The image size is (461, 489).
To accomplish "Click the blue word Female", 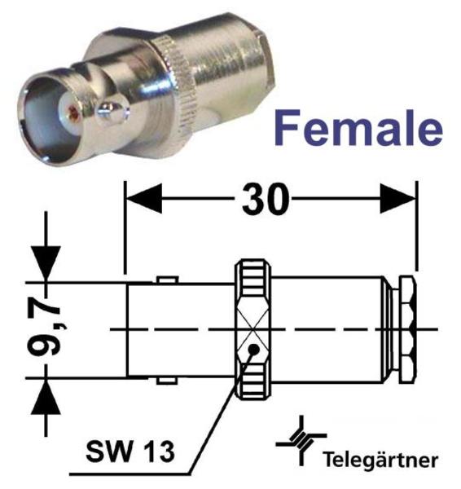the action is (358, 128).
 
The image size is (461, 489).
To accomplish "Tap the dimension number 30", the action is (266, 199).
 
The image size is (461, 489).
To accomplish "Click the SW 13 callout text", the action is (130, 452).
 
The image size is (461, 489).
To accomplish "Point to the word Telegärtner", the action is (380, 460).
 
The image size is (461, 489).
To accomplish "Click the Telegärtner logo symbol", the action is (301, 441).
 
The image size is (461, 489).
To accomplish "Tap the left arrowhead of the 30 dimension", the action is (143, 198).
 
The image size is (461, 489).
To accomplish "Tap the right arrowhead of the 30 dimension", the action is (398, 198).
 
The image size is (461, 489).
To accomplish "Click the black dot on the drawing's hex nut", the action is (254, 350).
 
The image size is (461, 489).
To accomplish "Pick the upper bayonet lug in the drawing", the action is (168, 280).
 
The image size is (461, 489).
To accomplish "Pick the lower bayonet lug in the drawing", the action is (168, 381).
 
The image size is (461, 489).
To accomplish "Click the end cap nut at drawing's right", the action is (408, 329).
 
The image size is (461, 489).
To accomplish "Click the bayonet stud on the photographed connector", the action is (112, 112).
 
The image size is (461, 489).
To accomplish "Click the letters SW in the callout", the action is (109, 452).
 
